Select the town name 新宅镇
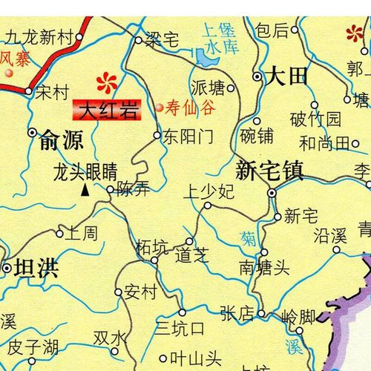269,171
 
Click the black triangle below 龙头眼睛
85,191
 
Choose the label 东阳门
187,137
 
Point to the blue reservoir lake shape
203,56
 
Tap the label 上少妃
209,192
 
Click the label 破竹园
315,119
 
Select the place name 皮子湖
33,346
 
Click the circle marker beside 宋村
29,92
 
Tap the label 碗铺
257,137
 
